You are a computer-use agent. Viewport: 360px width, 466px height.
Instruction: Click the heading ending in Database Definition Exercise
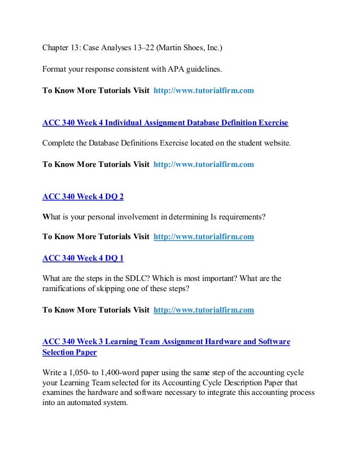[x=165, y=122]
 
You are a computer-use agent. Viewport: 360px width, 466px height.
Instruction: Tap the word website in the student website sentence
[x=276, y=143]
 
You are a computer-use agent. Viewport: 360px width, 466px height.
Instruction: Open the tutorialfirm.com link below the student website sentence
[x=204, y=165]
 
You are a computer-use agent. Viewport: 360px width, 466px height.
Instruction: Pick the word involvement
[x=139, y=216]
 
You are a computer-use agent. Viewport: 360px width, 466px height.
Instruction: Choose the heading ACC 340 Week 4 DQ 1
[x=83, y=258]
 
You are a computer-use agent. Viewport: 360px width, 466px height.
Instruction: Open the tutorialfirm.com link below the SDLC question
[x=204, y=310]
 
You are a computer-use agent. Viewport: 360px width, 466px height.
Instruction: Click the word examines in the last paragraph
[x=60, y=393]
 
